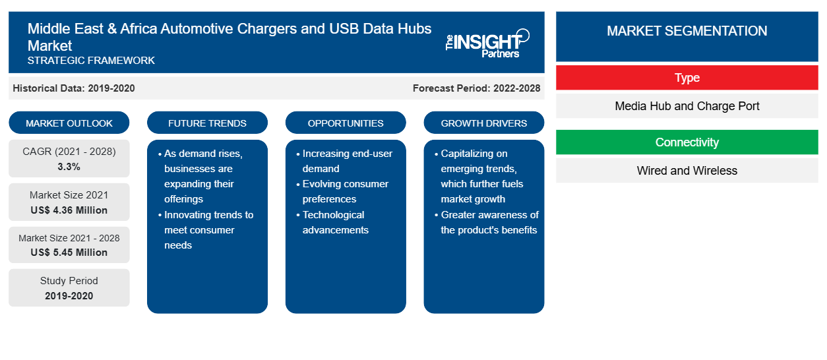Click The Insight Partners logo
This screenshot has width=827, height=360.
[487, 44]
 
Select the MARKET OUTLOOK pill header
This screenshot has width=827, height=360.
[69, 123]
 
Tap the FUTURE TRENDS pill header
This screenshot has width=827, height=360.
[207, 123]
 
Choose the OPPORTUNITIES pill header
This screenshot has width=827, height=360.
[346, 123]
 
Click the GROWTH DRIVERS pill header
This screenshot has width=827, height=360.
[483, 123]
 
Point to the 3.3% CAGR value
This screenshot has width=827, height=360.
[69, 167]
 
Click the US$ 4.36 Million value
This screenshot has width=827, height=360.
[69, 210]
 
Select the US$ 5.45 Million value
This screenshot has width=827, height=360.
[69, 253]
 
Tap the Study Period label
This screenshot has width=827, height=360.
[69, 281]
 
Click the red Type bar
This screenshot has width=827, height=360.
[687, 78]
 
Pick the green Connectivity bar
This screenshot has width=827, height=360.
[687, 142]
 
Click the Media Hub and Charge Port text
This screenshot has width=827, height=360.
[687, 106]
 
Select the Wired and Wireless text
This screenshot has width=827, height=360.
[687, 171]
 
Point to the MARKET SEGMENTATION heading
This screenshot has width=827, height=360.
[687, 30]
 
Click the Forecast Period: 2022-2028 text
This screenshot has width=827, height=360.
[476, 88]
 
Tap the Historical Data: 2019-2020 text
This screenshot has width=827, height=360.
[74, 88]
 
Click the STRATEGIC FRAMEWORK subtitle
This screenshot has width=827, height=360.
[91, 60]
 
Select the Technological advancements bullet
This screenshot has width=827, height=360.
[332, 222]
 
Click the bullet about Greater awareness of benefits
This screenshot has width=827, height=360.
[487, 222]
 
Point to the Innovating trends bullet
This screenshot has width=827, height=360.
[206, 230]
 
